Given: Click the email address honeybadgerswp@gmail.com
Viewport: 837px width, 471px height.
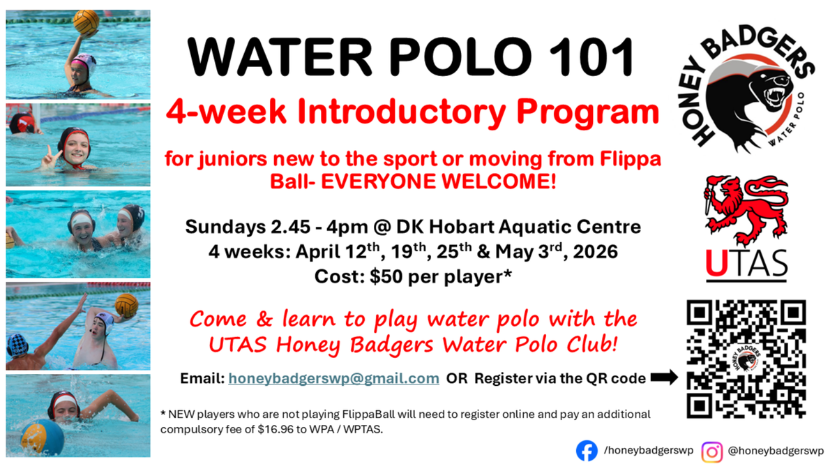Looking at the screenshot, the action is click(x=333, y=378).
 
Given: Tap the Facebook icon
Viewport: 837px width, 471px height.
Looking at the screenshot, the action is click(x=587, y=451).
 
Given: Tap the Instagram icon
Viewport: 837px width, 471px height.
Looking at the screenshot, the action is click(x=711, y=451).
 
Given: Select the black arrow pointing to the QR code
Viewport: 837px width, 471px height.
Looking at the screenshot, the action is click(x=664, y=377).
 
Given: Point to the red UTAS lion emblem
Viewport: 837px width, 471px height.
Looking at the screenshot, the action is click(x=746, y=209).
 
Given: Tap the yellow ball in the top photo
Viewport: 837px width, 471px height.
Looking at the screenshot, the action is click(x=86, y=22).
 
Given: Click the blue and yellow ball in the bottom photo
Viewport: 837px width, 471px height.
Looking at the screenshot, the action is click(x=42, y=437).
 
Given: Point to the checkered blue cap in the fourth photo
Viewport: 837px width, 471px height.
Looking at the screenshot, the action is click(x=17, y=345).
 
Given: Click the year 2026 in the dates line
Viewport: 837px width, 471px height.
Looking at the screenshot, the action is click(x=595, y=252).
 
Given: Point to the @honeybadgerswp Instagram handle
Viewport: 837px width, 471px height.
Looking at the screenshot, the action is click(x=776, y=451).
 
